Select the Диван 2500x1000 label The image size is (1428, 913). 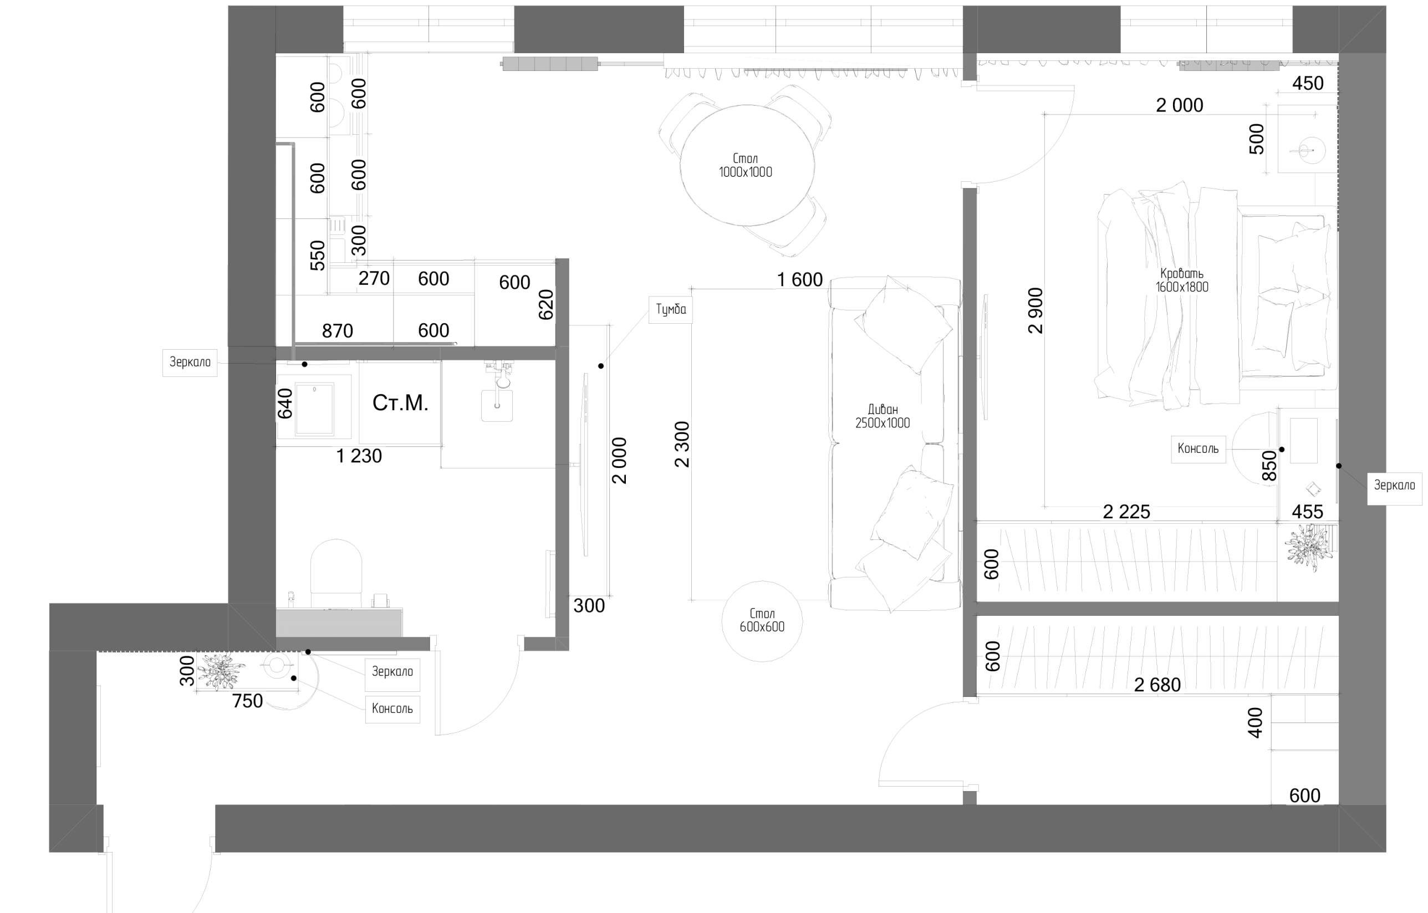(883, 416)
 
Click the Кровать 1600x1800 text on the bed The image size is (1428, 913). (1182, 280)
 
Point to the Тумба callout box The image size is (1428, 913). (671, 309)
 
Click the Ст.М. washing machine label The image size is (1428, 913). (400, 402)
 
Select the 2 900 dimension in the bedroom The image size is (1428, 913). (1036, 310)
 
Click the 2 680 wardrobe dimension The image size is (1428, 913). (1157, 685)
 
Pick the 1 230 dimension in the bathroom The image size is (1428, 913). (359, 456)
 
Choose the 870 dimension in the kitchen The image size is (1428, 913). (338, 331)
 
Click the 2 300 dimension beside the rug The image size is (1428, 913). (682, 444)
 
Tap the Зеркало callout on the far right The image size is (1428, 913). (1394, 485)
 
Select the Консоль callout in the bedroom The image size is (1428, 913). (1198, 449)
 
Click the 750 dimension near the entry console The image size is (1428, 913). (247, 701)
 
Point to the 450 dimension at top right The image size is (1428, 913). (1308, 83)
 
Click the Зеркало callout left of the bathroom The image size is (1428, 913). (190, 362)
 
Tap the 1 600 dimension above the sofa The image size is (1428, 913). (800, 279)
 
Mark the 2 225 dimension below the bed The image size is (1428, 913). (1126, 511)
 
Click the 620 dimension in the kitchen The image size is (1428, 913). (545, 305)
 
